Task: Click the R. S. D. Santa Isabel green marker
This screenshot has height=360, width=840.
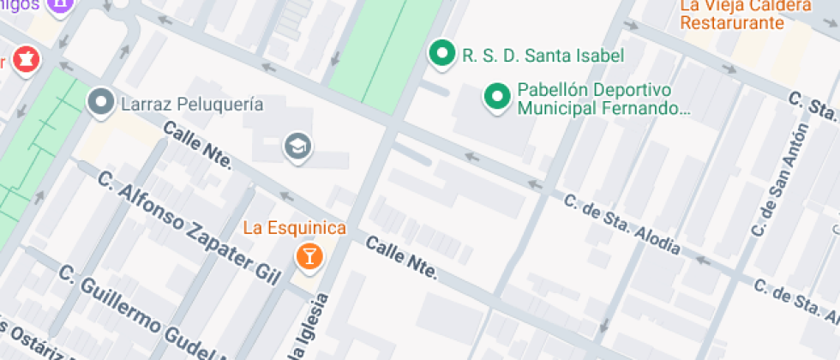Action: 441,54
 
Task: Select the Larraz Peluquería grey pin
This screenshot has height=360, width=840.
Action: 102,103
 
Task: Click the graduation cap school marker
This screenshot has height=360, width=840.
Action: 297,146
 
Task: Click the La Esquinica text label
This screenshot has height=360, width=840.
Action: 295,228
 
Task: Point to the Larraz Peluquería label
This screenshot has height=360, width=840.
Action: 192,105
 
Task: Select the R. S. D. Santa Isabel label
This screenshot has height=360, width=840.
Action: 543,56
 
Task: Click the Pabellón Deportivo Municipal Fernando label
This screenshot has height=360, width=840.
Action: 603,99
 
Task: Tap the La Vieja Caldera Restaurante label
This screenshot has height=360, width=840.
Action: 745,15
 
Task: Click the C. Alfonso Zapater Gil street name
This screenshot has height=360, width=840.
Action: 189,228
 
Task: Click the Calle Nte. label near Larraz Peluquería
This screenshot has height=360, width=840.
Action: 197,145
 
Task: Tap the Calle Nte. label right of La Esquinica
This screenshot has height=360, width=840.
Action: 401,259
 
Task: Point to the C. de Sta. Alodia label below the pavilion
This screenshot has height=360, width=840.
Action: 622,225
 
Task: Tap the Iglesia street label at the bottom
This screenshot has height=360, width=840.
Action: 310,330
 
